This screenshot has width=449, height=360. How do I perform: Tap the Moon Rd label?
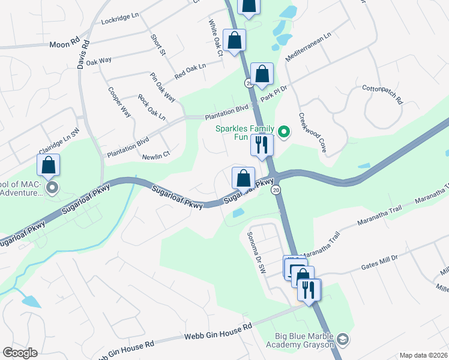(64, 44)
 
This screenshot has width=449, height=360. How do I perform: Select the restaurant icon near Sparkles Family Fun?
(262, 145)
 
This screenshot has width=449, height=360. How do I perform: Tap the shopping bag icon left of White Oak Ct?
(234, 41)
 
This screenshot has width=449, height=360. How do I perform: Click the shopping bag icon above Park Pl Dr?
(262, 74)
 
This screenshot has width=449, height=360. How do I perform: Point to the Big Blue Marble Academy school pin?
(342, 340)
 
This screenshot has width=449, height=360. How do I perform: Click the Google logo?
(20, 352)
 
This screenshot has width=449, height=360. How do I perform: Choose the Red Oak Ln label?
(190, 71)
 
